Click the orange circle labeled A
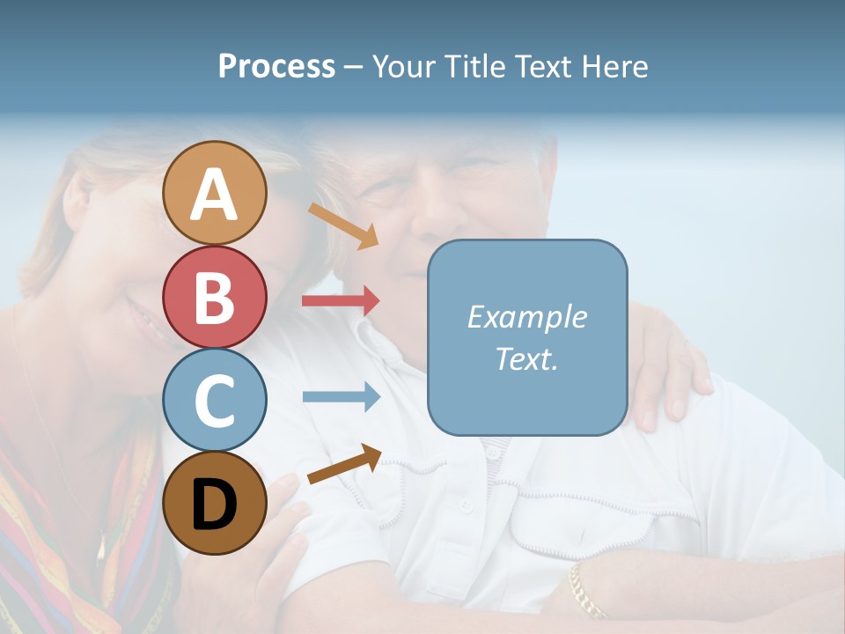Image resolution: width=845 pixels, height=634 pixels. pos(215,193)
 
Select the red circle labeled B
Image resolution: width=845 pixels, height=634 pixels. pos(215,297)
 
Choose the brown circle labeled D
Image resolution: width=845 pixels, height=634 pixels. pos(215,503)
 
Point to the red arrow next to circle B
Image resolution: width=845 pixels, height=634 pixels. pos(341,301)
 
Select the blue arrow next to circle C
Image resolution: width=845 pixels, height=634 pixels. pos(341,397)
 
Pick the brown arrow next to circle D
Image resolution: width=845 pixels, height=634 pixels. pos(344,464)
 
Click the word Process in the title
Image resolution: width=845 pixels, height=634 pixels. pos(276,66)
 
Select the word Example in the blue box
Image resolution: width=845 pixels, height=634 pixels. pos(526,317)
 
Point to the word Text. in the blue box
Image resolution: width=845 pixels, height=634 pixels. pos(526,358)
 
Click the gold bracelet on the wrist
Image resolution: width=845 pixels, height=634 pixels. pos(584,591)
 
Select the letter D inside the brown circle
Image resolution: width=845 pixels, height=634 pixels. pos(215,505)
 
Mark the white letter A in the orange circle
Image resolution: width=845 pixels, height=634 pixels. pos(215,195)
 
